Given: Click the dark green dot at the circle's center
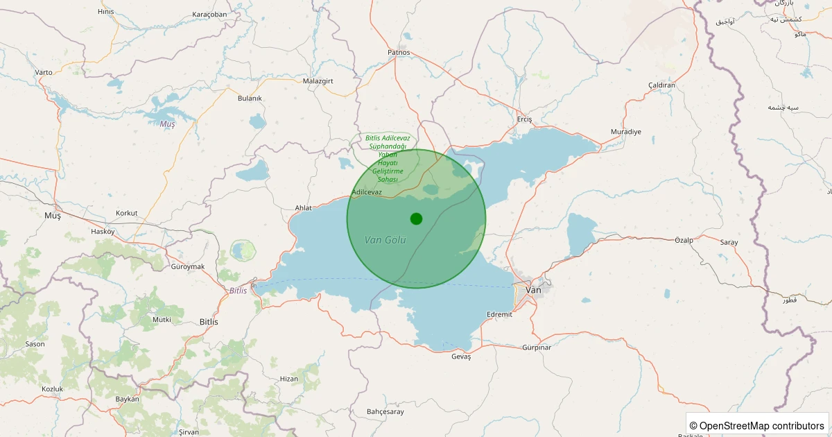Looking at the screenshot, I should pyautogui.click(x=416, y=218).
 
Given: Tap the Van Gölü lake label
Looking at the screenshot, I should pyautogui.click(x=385, y=240).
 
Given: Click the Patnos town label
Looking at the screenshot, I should pyautogui.click(x=399, y=52).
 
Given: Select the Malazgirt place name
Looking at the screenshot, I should pyautogui.click(x=319, y=81).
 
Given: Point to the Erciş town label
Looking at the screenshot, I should pyautogui.click(x=525, y=119).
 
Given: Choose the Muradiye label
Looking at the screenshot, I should pyautogui.click(x=626, y=132).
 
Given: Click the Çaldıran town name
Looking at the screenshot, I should pyautogui.click(x=661, y=85).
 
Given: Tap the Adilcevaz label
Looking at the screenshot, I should pyautogui.click(x=367, y=191).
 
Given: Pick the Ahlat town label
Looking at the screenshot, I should pyautogui.click(x=304, y=207).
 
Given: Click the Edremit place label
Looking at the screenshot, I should pyautogui.click(x=499, y=314).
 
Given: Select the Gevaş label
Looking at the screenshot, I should pyautogui.click(x=461, y=356).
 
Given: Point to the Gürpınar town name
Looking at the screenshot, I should pyautogui.click(x=537, y=348).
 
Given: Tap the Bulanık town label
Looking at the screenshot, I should pyautogui.click(x=250, y=98).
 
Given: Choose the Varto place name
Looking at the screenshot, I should pyautogui.click(x=44, y=72).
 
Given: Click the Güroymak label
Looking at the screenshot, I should pyautogui.click(x=187, y=266).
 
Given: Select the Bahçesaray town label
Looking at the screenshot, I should pyautogui.click(x=385, y=411).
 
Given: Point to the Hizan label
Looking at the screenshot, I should pyautogui.click(x=288, y=379).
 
